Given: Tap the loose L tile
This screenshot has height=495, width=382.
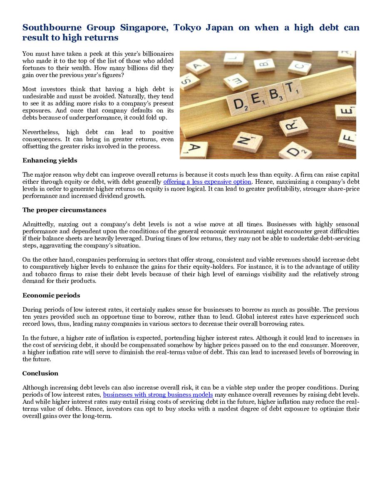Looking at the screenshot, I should (233, 59).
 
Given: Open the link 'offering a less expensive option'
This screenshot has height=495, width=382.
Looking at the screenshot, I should (207, 182).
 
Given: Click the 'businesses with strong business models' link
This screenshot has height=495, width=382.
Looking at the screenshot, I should (158, 395).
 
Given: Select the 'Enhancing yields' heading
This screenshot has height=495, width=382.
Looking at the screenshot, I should (50, 160).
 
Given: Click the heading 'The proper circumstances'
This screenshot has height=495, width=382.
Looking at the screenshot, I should (64, 210).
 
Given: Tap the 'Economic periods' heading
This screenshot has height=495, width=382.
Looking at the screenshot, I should (51, 295).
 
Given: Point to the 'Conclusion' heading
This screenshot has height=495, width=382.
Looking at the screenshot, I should (40, 373).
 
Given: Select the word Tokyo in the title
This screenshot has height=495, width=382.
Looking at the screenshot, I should (189, 28).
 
